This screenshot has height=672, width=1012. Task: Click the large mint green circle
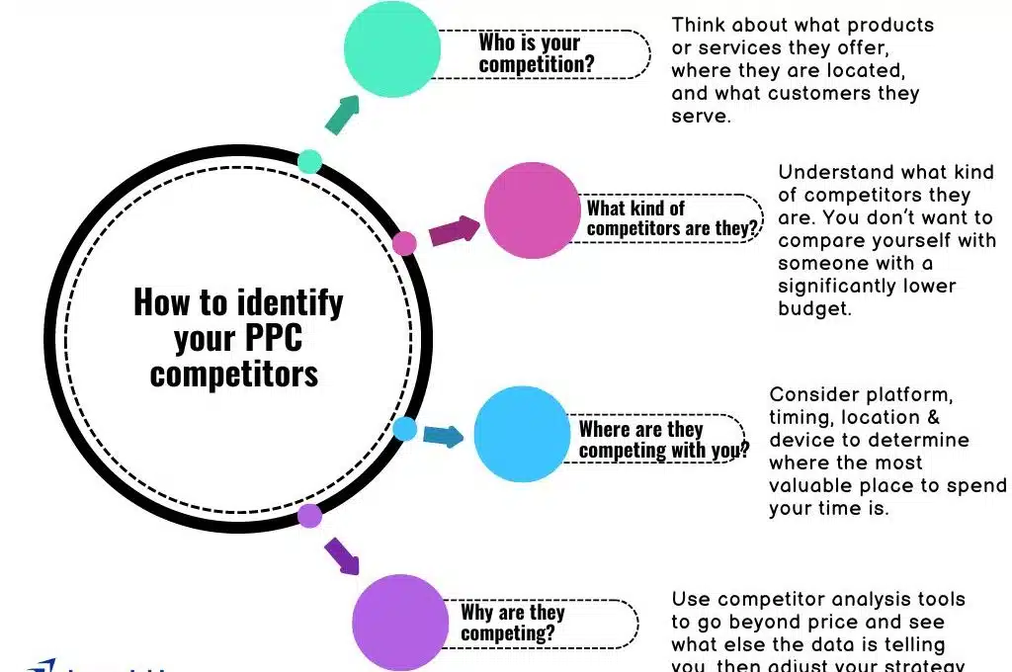tap(391, 49)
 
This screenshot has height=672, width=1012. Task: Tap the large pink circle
tap(531, 210)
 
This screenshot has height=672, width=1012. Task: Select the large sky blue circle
tap(522, 434)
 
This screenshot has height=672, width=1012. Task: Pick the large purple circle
tap(400, 622)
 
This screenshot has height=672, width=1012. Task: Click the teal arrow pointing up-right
tap(342, 115)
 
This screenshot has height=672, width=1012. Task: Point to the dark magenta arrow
tap(454, 230)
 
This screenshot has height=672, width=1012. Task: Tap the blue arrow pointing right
tap(443, 435)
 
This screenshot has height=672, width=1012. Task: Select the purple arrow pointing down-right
tap(341, 555)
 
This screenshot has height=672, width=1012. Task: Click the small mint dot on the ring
tap(309, 161)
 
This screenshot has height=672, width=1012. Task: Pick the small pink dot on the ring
tap(404, 243)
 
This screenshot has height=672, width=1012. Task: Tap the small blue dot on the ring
tap(404, 429)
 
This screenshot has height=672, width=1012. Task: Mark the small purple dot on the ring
tap(309, 515)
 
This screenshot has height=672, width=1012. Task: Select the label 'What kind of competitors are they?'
tap(673, 218)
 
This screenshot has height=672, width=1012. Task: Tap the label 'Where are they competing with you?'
tap(663, 440)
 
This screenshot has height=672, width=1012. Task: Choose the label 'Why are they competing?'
tap(512, 623)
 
